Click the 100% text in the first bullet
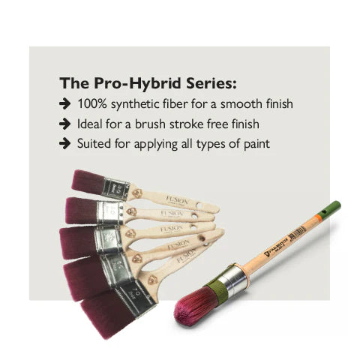94,104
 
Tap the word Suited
96,142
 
